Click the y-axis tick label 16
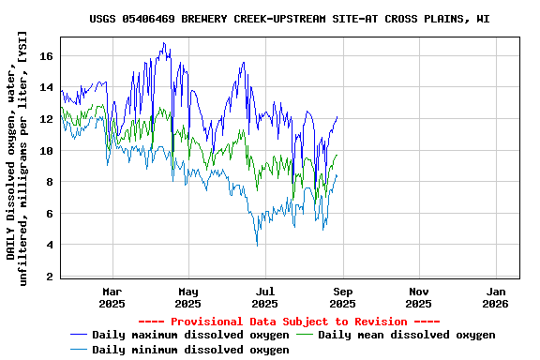tap(47, 56)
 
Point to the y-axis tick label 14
tap(47, 88)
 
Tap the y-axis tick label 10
tap(47, 151)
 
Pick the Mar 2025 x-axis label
tap(112, 297)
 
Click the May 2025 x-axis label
tap(188, 297)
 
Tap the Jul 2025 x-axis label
tap(265, 297)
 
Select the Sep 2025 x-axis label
tap(342, 297)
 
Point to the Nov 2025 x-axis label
tap(419, 297)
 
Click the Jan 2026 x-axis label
tap(496, 297)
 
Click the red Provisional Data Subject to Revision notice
tap(290, 321)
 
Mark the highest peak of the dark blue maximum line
tap(163, 43)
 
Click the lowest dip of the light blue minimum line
tap(257, 246)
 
